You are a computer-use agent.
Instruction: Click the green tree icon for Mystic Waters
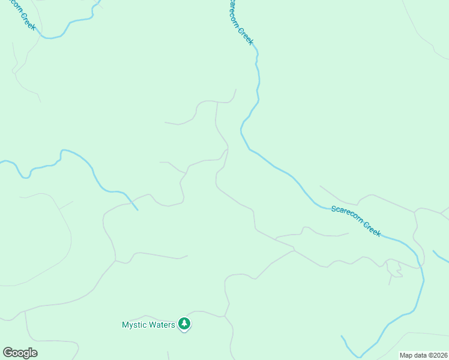(185, 325)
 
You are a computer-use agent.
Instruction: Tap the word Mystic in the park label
(134, 325)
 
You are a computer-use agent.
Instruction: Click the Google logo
(20, 353)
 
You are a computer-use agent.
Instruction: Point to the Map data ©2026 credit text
(423, 355)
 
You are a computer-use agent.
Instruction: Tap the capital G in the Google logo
(8, 352)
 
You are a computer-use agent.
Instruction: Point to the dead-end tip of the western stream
(137, 210)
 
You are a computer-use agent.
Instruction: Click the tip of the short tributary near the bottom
(342, 337)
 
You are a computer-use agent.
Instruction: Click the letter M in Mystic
(125, 325)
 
